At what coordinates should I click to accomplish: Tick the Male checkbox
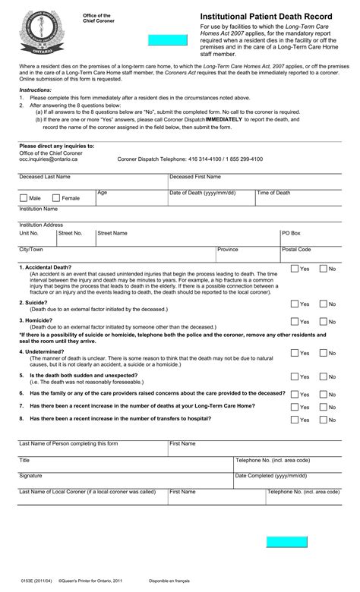click(x=24, y=197)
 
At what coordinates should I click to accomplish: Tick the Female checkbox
click(x=56, y=197)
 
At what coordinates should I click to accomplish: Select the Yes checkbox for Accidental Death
click(x=294, y=269)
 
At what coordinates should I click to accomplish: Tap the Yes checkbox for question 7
click(x=294, y=407)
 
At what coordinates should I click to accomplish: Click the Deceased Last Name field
click(x=93, y=183)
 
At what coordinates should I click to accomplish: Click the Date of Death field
click(x=211, y=199)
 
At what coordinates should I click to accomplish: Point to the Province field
click(x=248, y=257)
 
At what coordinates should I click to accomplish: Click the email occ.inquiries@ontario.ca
click(x=48, y=159)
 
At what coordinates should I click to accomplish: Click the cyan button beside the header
click(x=167, y=40)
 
